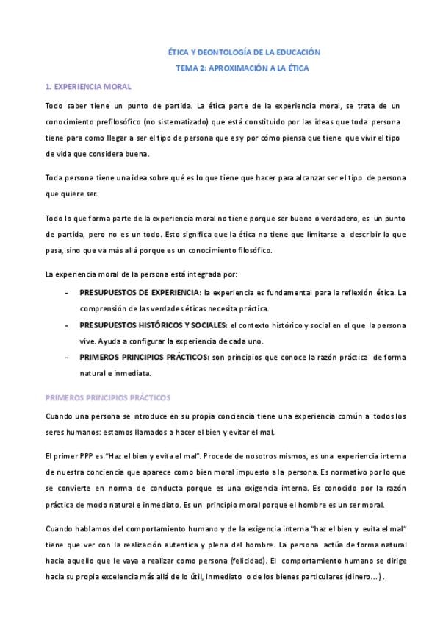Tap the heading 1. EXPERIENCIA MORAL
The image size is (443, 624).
tap(88, 87)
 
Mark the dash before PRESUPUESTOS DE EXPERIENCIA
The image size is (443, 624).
tap(67, 293)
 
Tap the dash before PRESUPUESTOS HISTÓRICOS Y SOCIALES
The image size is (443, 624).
tap(67, 325)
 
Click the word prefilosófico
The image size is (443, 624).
tap(117, 121)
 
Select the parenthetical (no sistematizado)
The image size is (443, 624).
tap(179, 121)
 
